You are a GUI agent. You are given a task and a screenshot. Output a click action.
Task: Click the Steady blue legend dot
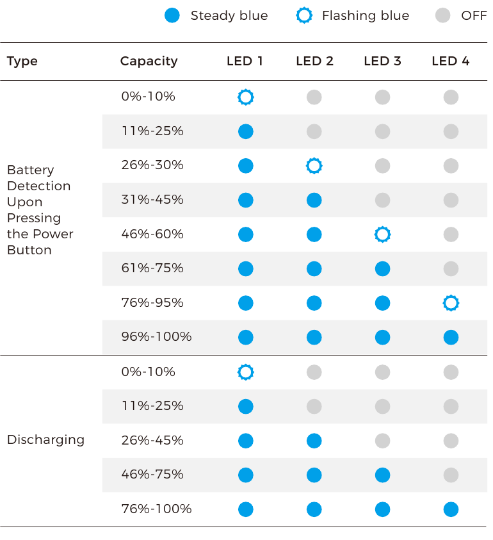172,15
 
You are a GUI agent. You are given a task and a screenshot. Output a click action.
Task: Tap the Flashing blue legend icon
304,15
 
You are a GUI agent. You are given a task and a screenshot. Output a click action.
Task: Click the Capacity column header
149,61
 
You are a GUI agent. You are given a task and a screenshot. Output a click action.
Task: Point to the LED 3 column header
382,61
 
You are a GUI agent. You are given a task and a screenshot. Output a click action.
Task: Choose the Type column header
22,61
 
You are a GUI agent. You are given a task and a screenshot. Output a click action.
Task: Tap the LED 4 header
450,61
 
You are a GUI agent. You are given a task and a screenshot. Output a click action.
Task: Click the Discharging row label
45,439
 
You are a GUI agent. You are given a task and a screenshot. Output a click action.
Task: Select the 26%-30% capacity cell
152,165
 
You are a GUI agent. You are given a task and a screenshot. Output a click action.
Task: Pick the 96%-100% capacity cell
156,336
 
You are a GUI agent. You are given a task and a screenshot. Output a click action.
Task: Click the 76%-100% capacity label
156,509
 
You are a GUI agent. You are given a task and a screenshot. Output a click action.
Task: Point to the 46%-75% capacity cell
152,475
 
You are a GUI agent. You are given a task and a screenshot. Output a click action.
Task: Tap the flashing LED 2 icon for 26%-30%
314,166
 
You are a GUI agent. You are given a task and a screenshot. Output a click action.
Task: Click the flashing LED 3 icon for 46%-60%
382,234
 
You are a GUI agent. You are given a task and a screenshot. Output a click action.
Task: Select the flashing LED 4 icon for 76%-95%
451,303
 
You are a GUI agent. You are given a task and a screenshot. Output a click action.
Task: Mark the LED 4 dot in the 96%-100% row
451,337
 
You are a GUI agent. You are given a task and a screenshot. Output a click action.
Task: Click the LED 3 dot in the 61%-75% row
382,268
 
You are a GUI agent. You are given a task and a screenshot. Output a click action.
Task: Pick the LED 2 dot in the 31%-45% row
314,200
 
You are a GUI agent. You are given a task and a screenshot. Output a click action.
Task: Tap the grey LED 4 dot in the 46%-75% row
451,475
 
